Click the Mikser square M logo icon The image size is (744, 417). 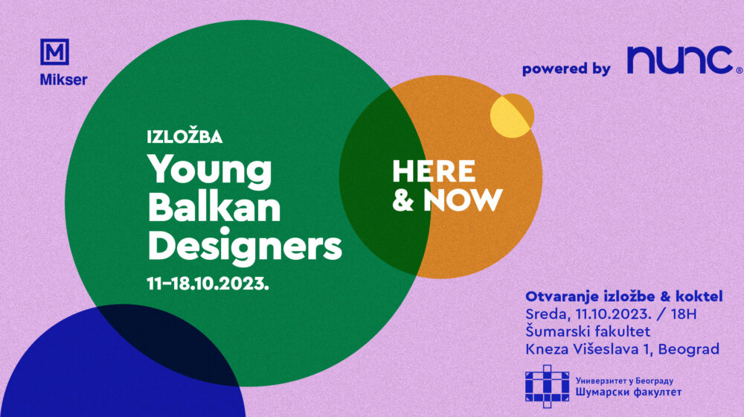(54, 52)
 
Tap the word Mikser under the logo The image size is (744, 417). (63, 80)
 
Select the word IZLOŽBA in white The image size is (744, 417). (185, 136)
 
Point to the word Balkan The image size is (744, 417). (214, 208)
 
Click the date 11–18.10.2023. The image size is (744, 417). (208, 284)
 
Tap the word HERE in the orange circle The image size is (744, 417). (434, 171)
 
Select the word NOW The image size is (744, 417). (463, 200)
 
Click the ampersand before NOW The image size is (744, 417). (403, 200)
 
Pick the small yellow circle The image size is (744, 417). (512, 116)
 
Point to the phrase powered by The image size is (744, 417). (566, 69)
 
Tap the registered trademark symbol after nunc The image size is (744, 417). (739, 70)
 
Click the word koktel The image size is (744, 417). (699, 296)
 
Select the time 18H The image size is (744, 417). (684, 314)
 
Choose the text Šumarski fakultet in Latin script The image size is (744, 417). (588, 331)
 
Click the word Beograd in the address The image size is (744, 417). (688, 349)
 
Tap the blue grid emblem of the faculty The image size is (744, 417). (547, 386)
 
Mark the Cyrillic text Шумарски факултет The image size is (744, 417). (629, 392)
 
